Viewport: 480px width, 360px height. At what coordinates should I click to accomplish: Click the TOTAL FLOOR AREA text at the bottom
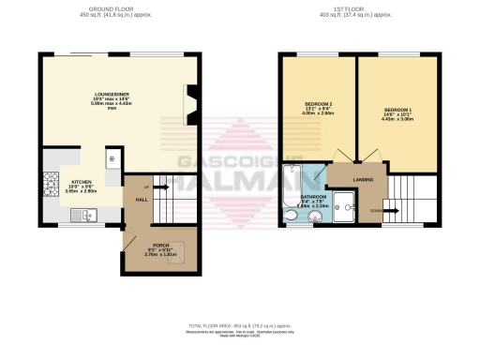239,326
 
